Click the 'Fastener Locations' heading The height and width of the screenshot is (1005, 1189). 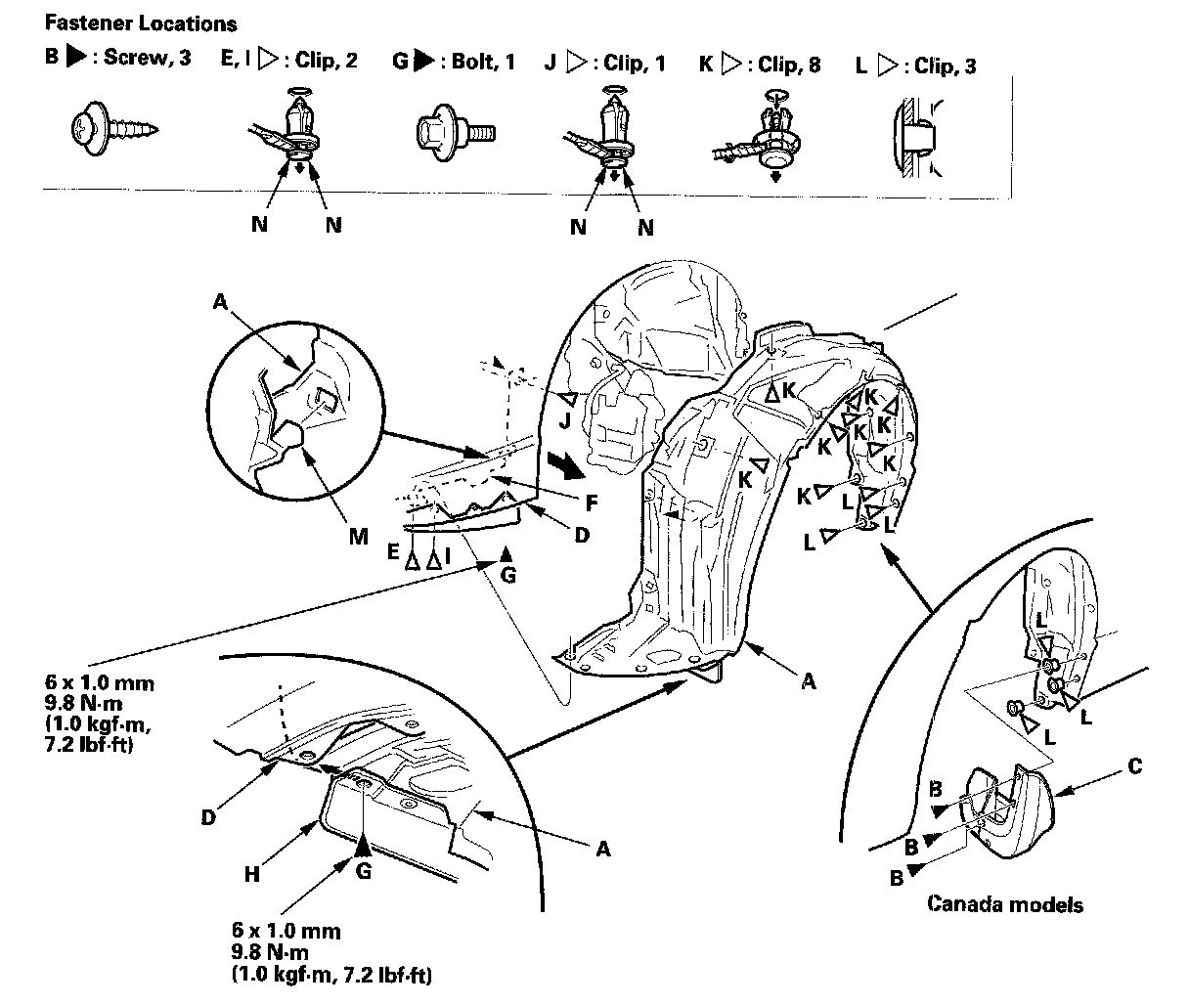point(141,23)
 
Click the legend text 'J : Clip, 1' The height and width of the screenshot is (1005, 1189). point(605,64)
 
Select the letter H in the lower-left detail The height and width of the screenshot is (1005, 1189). point(252,873)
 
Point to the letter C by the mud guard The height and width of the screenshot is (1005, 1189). point(1134,766)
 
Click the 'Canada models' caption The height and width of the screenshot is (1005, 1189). point(1005,903)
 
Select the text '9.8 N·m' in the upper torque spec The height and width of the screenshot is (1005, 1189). point(69,703)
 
